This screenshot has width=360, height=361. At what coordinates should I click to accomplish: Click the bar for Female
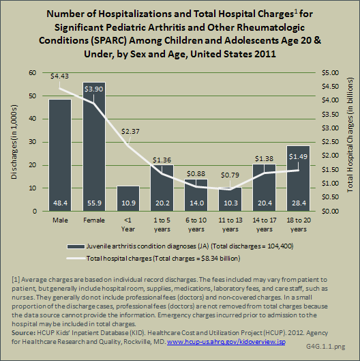pos(94,147)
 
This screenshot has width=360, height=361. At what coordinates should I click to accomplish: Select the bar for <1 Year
pos(128,199)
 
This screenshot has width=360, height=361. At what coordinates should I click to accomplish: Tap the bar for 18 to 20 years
pos(299,178)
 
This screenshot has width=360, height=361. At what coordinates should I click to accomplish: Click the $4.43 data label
pos(59,76)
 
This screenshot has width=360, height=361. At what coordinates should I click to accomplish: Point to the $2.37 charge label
pos(130,132)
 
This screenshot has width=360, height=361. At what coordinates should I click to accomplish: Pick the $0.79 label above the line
pos(230,175)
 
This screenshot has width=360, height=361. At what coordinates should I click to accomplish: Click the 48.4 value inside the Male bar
pos(60,203)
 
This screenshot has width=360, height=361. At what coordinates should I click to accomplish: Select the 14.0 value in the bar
pos(196,203)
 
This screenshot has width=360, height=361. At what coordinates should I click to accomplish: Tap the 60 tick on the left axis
pos(33,73)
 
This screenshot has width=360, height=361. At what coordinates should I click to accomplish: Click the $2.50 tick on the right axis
pos(330,142)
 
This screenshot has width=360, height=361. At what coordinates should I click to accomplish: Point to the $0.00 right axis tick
pos(330,211)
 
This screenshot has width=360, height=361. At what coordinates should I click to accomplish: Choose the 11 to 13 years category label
pos(230,225)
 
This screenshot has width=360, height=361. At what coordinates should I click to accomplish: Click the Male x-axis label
pos(60,220)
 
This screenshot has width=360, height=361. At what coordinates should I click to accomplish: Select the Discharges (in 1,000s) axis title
pos(14,142)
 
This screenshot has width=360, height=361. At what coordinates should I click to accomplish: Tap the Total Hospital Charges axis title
pos(350,135)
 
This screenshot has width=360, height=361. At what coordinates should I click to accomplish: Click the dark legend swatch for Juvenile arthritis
pos(76,246)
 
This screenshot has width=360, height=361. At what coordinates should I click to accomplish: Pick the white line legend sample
pos(76,259)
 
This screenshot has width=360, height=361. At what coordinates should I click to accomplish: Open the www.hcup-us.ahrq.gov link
pos(226,342)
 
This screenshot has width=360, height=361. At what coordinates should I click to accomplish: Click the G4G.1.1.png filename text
pos(325,347)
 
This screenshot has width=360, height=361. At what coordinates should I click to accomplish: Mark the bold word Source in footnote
pos(22,333)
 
